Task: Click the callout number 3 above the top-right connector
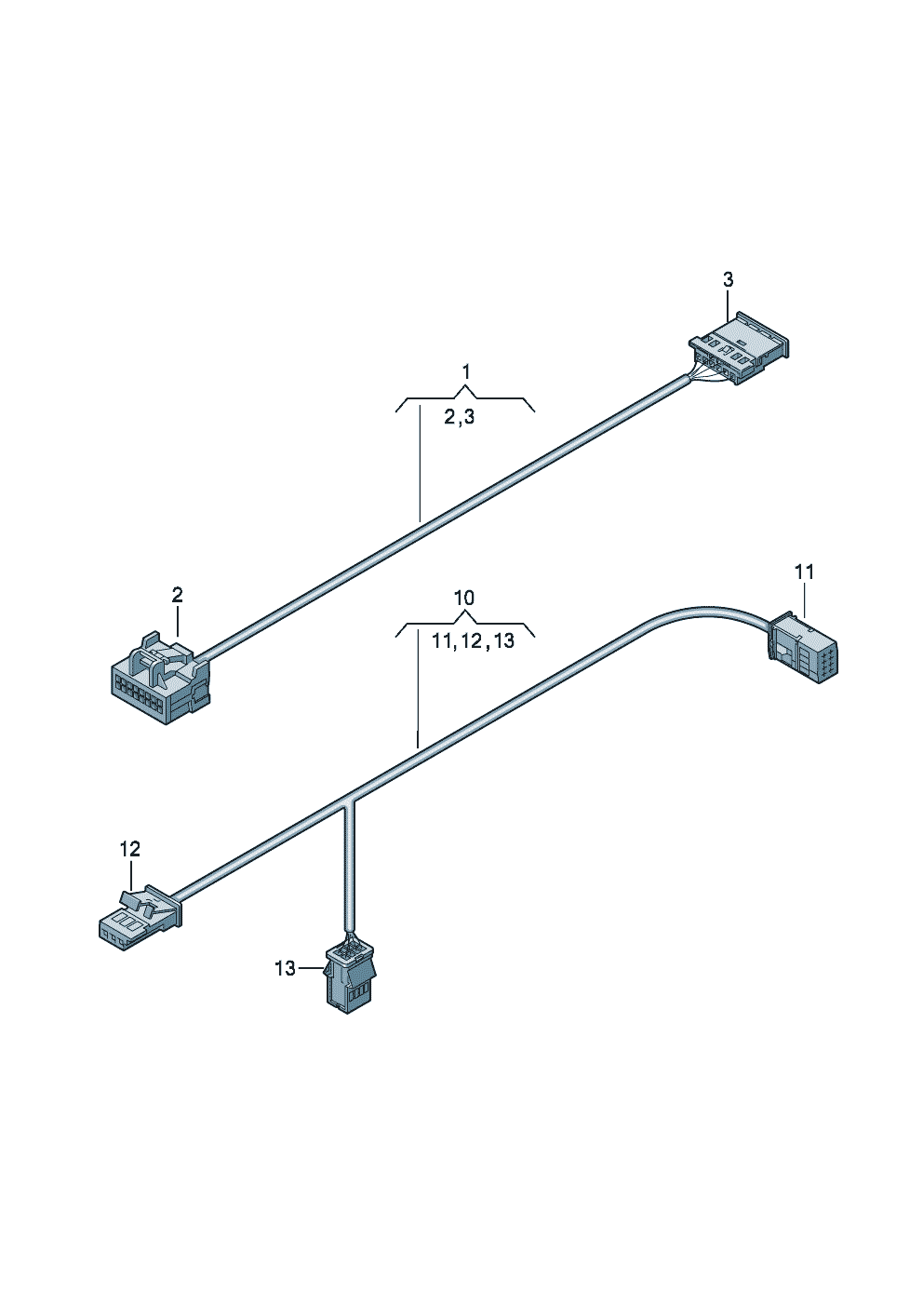coord(728,279)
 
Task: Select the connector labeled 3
coord(740,348)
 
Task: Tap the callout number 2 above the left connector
coord(177,595)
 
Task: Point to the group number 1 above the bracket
coord(465,372)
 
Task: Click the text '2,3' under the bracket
coord(459,417)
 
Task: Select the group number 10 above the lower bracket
coord(464,598)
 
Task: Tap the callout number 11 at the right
coord(804,572)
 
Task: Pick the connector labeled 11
coord(803,649)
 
